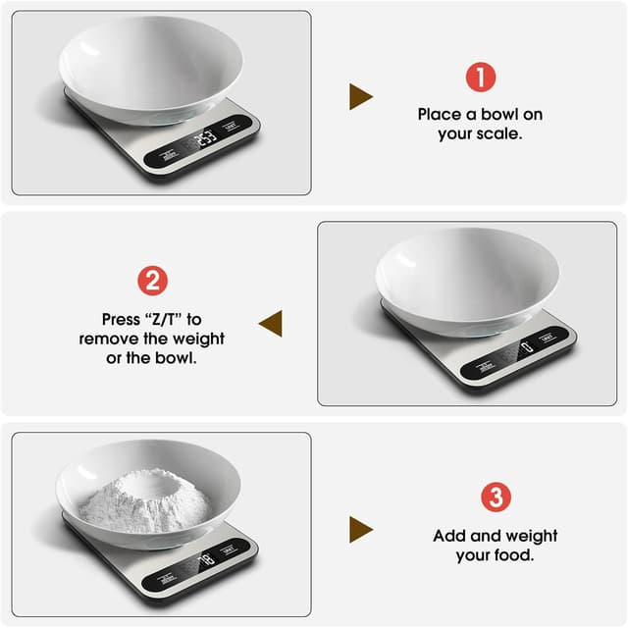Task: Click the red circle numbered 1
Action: coord(480,78)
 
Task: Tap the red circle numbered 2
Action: coord(151,282)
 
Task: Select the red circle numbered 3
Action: coord(496,497)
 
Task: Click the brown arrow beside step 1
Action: coord(360,96)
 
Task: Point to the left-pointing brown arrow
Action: coord(270,323)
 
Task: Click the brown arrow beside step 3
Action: coord(360,530)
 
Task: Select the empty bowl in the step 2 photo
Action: coord(466,280)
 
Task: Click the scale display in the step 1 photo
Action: coord(204,139)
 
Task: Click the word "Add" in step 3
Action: coord(448,536)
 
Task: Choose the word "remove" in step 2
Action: coord(109,339)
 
